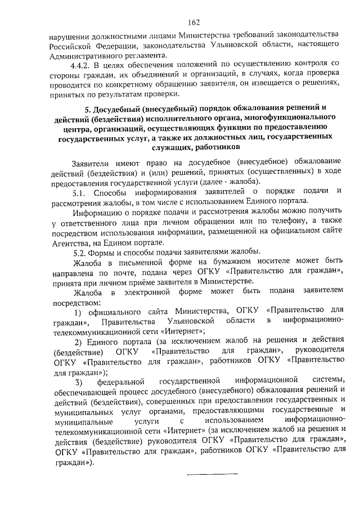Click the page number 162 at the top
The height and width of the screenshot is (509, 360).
195,22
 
